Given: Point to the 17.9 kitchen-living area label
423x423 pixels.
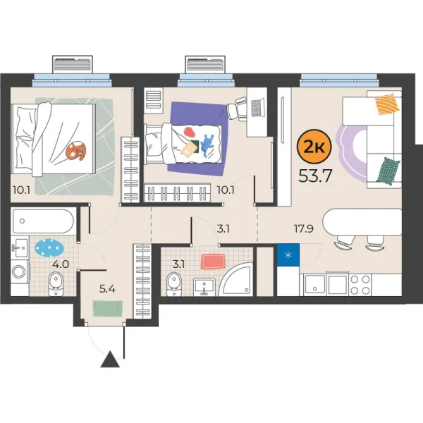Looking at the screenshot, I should click(304, 228).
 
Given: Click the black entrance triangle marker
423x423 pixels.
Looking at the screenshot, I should click(109, 362).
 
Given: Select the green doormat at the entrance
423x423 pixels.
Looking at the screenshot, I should click(109, 308).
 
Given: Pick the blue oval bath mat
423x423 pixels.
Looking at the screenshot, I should click(49, 248).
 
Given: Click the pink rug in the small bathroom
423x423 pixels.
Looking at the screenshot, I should click(213, 262).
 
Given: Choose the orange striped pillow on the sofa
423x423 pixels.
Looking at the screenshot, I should click(387, 106).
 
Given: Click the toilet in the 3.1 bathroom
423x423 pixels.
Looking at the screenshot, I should click(173, 283).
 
